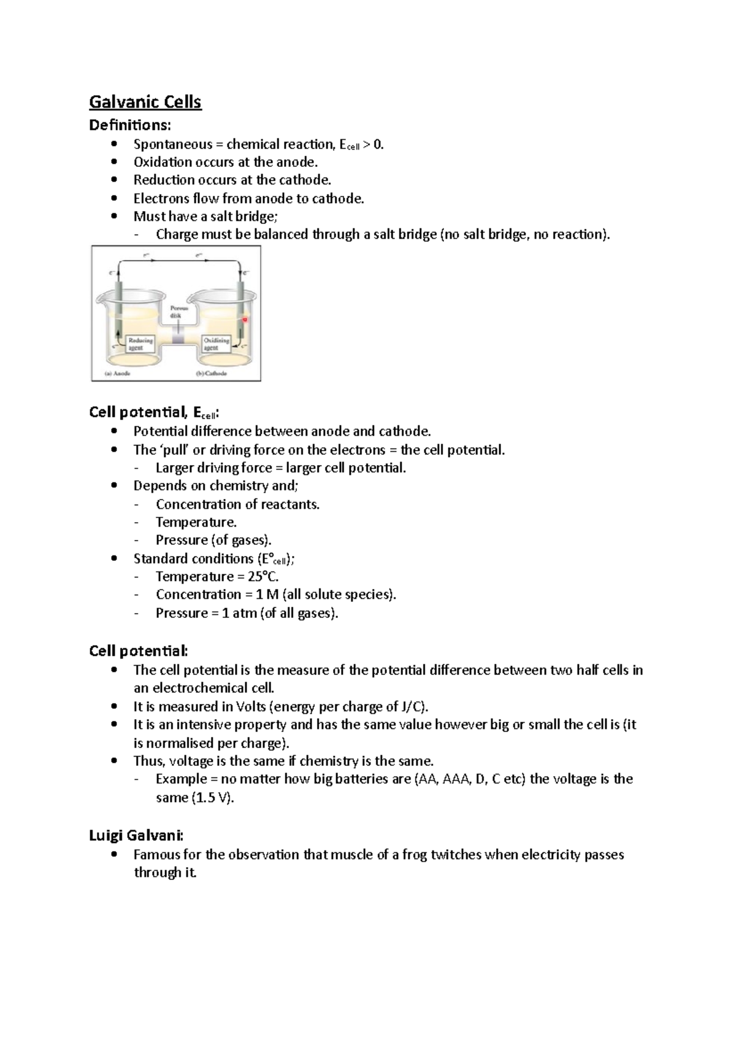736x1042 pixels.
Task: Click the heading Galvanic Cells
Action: (x=145, y=102)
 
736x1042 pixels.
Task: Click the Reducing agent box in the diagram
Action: (x=140, y=344)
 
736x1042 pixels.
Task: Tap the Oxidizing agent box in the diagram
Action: (x=217, y=344)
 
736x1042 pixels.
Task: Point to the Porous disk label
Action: (x=179, y=312)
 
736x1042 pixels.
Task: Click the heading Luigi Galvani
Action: (x=136, y=835)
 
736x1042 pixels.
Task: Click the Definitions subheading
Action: (x=130, y=125)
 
